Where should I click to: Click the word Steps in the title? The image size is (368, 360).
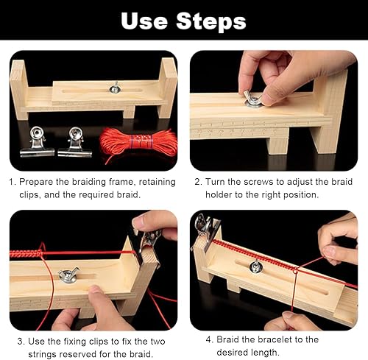(211, 21)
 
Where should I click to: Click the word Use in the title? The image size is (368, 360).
(144, 21)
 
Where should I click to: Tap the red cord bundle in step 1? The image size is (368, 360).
(138, 143)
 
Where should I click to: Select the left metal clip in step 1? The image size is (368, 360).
(38, 142)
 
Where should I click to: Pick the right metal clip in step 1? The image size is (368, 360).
(75, 142)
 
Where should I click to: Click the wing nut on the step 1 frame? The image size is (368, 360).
(116, 88)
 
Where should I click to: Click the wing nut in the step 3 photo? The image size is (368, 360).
(68, 275)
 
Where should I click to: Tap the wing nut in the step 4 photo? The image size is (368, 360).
(255, 266)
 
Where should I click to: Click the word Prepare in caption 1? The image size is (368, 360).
(36, 183)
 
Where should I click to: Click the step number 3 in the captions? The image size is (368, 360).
(21, 342)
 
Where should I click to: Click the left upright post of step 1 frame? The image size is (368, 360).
(19, 90)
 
